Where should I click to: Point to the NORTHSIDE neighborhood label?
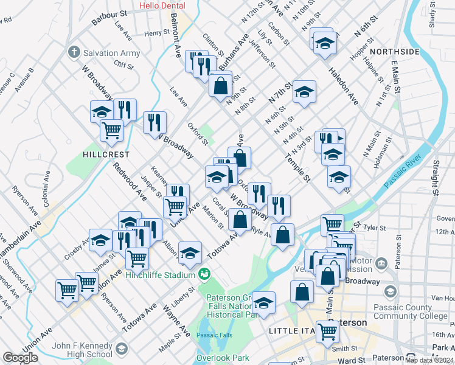tap(394, 52)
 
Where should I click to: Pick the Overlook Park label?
tap(219, 358)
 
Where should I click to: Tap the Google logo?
tap(20, 358)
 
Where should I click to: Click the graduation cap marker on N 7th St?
tap(304, 92)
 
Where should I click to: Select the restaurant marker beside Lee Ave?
tap(155, 122)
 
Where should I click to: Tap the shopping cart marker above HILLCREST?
tap(112, 130)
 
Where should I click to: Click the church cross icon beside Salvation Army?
tap(74, 51)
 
